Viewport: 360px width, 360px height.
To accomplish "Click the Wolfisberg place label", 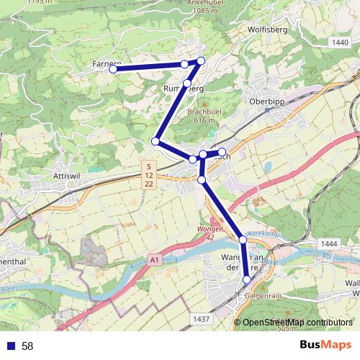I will (x=267, y=30).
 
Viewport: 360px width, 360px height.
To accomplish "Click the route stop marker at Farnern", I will (x=113, y=69).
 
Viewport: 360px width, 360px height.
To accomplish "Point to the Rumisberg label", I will (x=184, y=89).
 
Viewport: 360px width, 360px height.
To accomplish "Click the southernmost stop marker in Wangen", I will (x=247, y=279).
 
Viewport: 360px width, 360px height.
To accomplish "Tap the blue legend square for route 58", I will (x=10, y=346).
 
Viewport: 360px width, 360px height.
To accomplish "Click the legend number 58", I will (x=27, y=346).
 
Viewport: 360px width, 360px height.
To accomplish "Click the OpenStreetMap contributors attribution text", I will (x=297, y=323).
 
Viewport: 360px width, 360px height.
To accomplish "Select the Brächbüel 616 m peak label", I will (x=202, y=116).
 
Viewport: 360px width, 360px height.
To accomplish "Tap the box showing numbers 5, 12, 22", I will (x=148, y=176).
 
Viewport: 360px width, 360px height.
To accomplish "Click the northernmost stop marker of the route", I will (x=201, y=60).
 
